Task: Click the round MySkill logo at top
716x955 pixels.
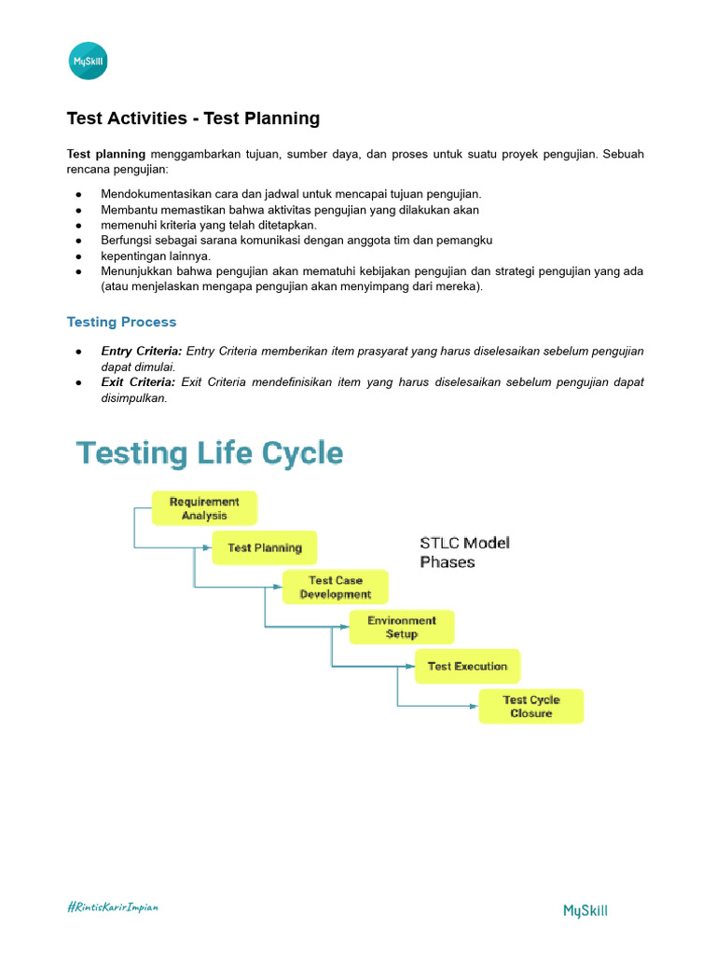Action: click(x=89, y=62)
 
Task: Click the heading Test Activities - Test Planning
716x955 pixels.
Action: click(x=193, y=118)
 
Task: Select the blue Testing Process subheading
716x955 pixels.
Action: click(x=121, y=322)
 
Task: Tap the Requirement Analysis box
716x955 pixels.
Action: click(x=204, y=508)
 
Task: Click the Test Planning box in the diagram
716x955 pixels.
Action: click(x=265, y=547)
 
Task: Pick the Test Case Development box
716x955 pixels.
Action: click(x=335, y=588)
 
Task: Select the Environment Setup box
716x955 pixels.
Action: click(x=402, y=627)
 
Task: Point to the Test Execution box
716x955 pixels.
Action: click(x=467, y=666)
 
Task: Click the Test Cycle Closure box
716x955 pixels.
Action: click(x=531, y=706)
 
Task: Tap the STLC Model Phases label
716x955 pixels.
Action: click(x=464, y=552)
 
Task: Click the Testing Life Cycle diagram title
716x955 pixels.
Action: click(x=210, y=454)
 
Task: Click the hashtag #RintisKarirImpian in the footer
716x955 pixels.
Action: click(x=112, y=907)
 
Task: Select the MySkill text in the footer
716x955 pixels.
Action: click(x=585, y=910)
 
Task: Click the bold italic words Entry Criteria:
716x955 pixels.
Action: click(x=142, y=351)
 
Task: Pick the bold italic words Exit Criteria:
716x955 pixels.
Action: click(x=138, y=382)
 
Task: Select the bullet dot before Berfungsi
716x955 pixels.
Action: click(x=79, y=241)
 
